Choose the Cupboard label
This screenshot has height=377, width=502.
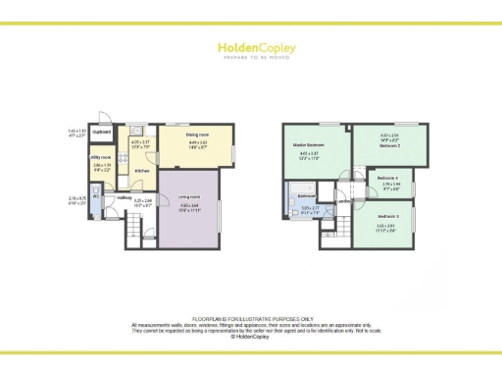(101, 132)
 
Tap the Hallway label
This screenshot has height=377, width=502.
(125, 196)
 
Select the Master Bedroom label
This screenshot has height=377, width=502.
(308, 146)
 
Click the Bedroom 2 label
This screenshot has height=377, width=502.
(389, 145)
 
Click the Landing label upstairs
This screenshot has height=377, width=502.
(342, 202)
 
